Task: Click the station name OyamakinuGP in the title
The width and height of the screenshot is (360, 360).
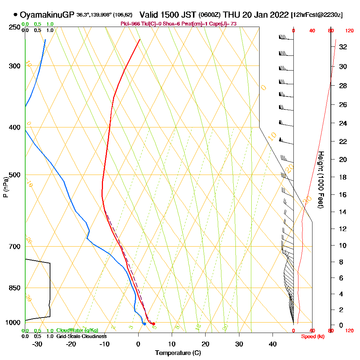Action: [x=47, y=15]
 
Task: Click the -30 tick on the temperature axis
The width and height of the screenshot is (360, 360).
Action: [x=37, y=344]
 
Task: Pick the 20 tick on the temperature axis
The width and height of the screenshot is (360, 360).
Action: [x=205, y=344]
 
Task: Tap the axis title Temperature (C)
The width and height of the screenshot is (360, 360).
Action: [x=178, y=353]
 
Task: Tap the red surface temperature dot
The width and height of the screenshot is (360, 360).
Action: [x=153, y=324]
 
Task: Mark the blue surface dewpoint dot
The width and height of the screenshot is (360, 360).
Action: [x=144, y=324]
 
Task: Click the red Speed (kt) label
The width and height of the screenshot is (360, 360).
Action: [x=312, y=336]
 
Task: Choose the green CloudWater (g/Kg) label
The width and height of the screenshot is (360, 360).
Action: [x=77, y=330]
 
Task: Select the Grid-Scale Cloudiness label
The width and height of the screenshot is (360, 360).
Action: [x=81, y=336]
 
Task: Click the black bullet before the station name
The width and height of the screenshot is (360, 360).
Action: [x=15, y=15]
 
